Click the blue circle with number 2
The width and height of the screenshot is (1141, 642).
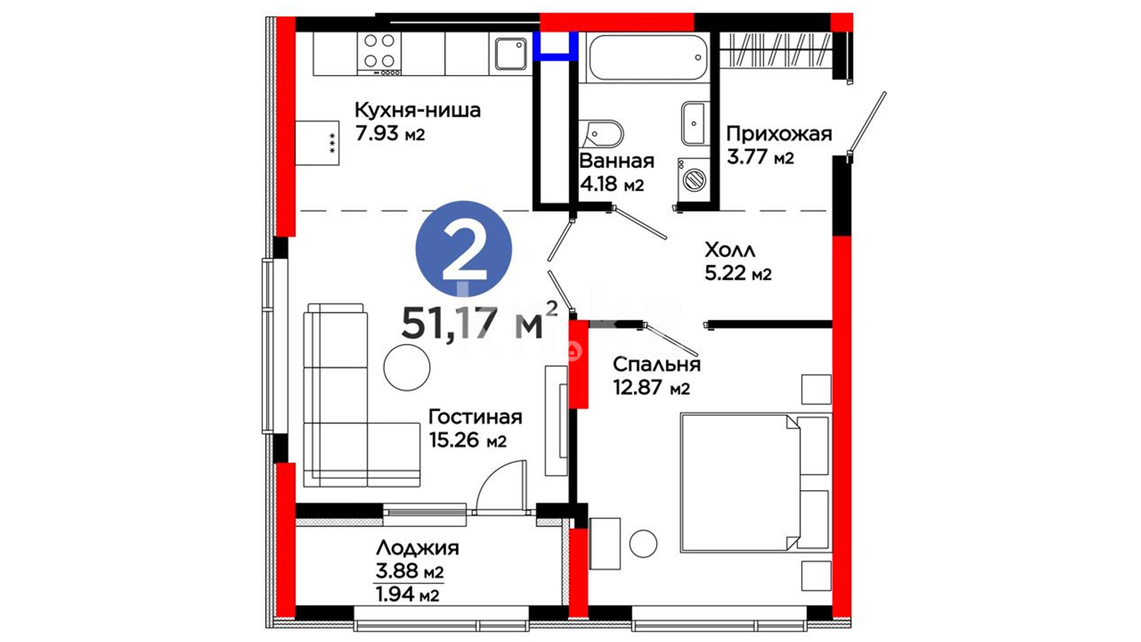(464, 249)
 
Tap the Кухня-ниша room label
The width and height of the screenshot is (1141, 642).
(417, 110)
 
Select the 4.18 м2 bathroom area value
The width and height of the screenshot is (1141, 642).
(612, 184)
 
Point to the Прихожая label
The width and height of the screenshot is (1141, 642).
(778, 134)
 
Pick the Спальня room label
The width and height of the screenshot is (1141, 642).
(657, 364)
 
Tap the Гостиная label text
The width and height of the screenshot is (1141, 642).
(475, 417)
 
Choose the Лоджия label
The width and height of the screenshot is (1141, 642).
(417, 547)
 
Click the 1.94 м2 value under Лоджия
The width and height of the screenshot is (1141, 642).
(408, 594)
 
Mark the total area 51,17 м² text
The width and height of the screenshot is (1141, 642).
(480, 322)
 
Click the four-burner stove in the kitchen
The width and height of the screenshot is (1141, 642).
(379, 53)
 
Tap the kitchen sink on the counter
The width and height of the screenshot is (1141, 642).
(510, 53)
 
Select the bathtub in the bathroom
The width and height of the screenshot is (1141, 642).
(648, 58)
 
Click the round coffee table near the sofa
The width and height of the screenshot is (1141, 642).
(406, 367)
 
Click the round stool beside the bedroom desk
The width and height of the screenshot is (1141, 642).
(643, 543)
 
